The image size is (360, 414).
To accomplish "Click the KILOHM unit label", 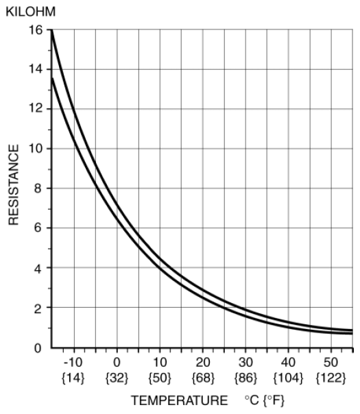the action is coord(31,12).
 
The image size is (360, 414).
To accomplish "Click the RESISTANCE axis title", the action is coord(14,185).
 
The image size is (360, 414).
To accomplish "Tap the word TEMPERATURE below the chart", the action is coord(180,400).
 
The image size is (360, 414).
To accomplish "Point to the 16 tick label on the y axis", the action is coord(36,30).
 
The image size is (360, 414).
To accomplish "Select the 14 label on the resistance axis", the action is coord(36,69).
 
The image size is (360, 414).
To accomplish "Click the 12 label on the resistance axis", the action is coord(36,108).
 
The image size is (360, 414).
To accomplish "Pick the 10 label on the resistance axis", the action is coord(36,148).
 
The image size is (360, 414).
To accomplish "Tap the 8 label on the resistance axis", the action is coord(38,188).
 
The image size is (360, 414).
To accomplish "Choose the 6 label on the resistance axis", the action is coord(38,228).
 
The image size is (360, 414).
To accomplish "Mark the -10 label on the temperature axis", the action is coord(73,363).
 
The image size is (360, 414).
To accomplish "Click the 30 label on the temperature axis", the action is coord(245,363).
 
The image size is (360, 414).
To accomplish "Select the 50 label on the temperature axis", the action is coord(331,363).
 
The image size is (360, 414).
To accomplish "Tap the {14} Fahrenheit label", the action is coord(73,378).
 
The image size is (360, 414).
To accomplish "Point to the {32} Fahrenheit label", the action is coord(117,378).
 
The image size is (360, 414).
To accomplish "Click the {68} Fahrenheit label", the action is coord(203,378).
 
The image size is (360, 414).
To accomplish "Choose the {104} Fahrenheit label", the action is coord(288,378).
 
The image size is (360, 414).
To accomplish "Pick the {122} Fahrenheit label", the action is coord(331,378).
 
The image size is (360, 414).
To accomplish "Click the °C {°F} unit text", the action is coord(265,400).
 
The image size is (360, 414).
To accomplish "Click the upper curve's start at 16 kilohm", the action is coord(52,30).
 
